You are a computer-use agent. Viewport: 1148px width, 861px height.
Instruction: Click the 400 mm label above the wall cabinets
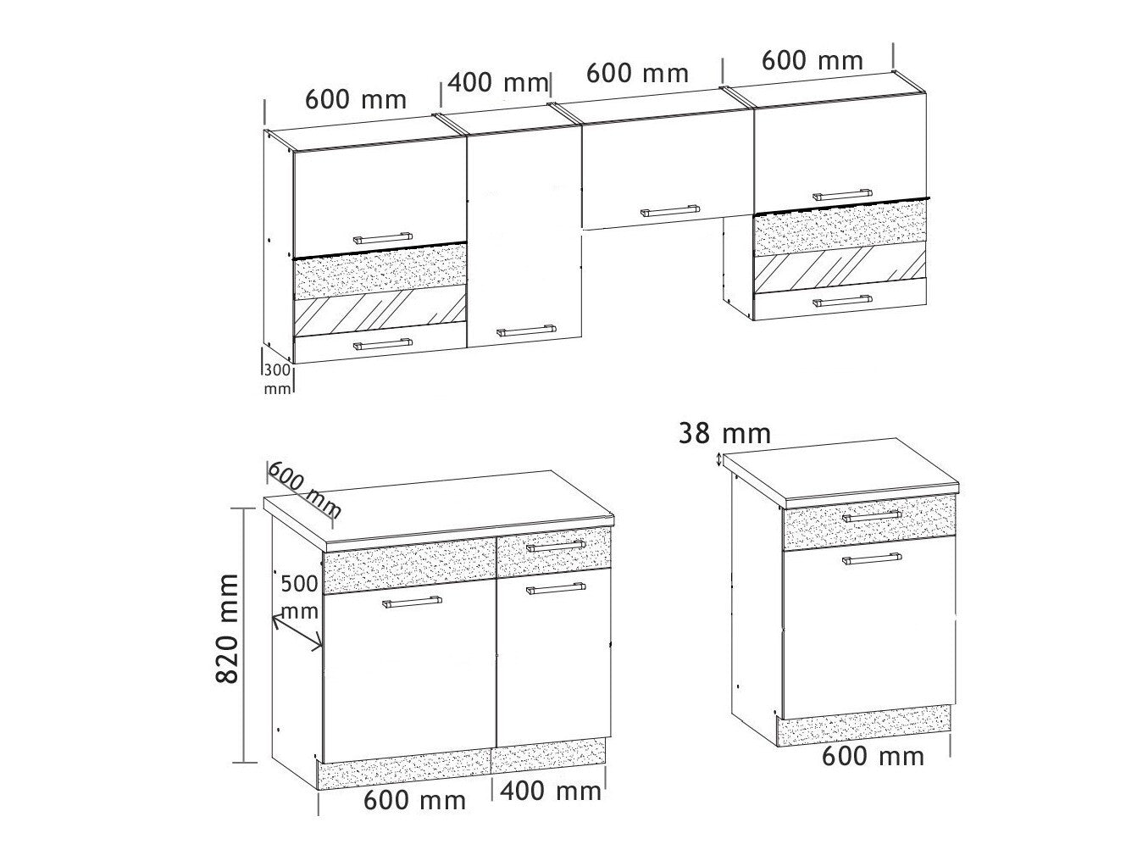pos(497,83)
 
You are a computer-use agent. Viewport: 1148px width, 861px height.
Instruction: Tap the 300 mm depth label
pos(277,380)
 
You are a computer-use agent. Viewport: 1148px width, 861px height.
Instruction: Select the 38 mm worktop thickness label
pos(724,434)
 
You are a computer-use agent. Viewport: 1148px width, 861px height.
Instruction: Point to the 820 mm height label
pos(228,629)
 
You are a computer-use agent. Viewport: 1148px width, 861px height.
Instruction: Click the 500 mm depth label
pos(299,597)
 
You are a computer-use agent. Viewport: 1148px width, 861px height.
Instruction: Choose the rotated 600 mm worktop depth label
pos(304,490)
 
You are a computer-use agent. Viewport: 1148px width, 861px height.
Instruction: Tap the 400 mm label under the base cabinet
pos(551,791)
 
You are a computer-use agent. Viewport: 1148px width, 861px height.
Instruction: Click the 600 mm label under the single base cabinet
pos(873,757)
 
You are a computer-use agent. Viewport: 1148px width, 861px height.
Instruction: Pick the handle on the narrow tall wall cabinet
pos(525,331)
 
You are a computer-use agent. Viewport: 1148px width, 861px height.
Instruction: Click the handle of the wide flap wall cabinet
pos(670,211)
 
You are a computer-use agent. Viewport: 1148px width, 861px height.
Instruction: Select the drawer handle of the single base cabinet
pos(872,516)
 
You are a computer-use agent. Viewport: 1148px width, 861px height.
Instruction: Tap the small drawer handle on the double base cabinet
pos(556,546)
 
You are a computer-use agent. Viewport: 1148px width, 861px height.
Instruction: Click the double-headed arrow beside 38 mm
pos(719,460)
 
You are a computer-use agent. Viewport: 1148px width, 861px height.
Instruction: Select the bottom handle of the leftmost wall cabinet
pos(383,344)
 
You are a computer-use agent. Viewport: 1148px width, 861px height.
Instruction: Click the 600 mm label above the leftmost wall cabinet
pos(356,99)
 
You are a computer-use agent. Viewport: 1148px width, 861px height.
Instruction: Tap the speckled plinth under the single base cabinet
pos(863,725)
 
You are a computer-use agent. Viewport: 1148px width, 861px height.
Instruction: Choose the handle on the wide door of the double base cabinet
pos(412,602)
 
